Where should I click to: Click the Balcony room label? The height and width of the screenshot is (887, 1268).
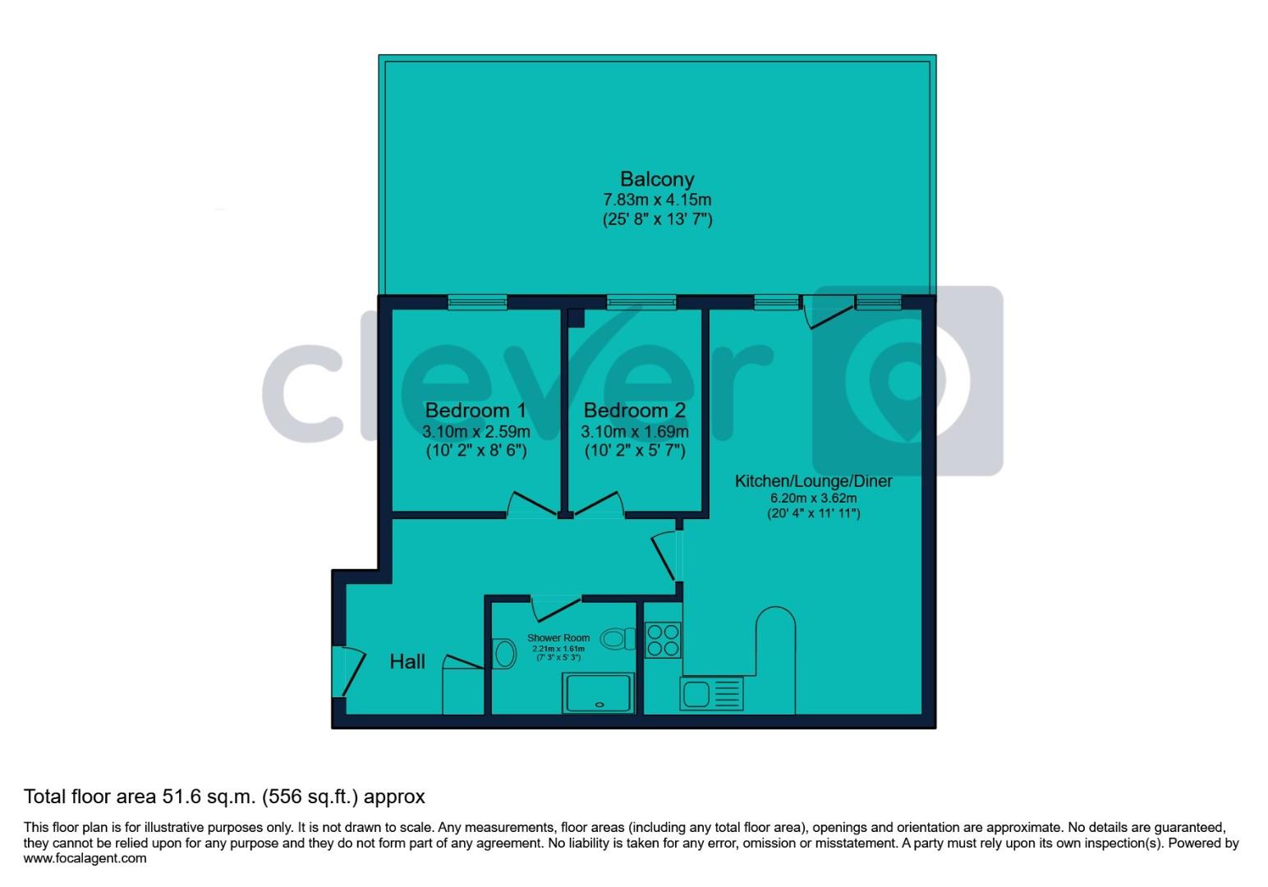(656, 179)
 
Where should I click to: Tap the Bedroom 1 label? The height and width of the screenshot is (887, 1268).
(475, 410)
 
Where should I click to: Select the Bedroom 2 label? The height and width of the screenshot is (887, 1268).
(634, 410)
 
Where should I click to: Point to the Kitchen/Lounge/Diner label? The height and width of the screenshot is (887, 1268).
(813, 481)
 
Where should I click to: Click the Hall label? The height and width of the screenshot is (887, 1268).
(407, 662)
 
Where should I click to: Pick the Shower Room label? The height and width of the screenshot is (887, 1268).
(558, 638)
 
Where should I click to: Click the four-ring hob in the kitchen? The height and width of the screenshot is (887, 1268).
(663, 641)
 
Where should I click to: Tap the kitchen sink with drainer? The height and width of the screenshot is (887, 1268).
(711, 694)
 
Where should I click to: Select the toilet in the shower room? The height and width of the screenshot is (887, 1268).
(618, 638)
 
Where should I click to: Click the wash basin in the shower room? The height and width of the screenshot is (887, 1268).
(503, 655)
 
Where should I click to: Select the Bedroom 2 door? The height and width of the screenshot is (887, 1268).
(597, 505)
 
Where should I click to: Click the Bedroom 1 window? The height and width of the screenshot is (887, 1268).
(477, 302)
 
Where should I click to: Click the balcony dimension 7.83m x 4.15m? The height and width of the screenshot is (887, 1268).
(657, 200)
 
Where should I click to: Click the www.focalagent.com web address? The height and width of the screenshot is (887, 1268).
(85, 858)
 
